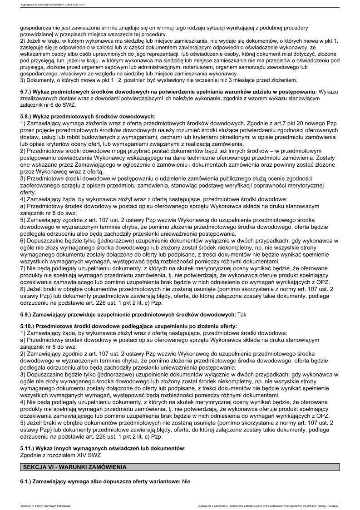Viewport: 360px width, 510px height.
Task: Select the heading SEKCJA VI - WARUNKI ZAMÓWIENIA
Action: click(75, 467)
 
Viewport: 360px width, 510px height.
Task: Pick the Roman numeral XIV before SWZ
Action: click(84, 455)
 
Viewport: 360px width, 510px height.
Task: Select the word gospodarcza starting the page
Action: click(38, 28)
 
